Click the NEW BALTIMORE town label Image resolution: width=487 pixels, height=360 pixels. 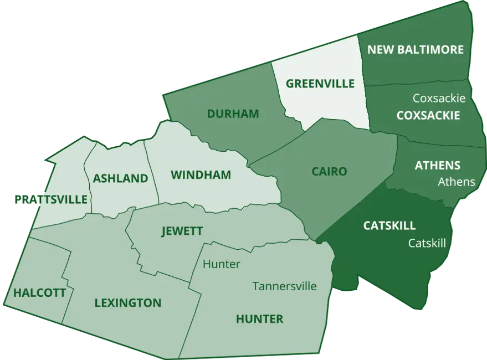pyautogui.click(x=416, y=50)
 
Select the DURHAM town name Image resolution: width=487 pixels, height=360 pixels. pyautogui.click(x=233, y=114)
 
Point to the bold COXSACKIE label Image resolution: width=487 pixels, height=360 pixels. pyautogui.click(x=428, y=115)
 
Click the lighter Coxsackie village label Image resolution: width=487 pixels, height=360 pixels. pyautogui.click(x=439, y=98)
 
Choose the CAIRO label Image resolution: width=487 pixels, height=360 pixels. pyautogui.click(x=329, y=171)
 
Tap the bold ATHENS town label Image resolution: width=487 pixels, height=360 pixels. pyautogui.click(x=437, y=165)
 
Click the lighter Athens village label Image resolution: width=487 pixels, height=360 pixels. pyautogui.click(x=456, y=181)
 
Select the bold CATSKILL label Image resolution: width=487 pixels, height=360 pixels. pyautogui.click(x=389, y=225)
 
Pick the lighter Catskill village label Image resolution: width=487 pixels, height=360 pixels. pyautogui.click(x=427, y=243)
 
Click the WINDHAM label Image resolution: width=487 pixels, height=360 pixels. pyautogui.click(x=201, y=175)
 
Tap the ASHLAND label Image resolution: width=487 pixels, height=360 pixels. pyautogui.click(x=120, y=178)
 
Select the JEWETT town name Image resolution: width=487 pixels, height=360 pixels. pyautogui.click(x=182, y=231)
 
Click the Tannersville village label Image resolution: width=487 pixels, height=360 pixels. pyautogui.click(x=284, y=286)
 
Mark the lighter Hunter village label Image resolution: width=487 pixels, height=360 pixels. pyautogui.click(x=221, y=264)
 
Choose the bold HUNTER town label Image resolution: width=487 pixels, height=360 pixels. pyautogui.click(x=259, y=318)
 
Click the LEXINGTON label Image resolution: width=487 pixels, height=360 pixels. pyautogui.click(x=127, y=303)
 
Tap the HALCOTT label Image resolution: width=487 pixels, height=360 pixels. pyautogui.click(x=39, y=292)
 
